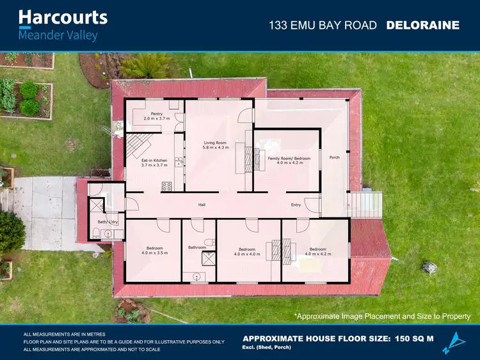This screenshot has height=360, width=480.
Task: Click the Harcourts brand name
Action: pos(63,17)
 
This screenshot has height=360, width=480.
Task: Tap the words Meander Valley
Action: pos(58,35)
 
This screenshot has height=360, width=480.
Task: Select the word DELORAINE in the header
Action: pos(423,26)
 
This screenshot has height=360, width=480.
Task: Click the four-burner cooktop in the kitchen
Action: pos(167,187)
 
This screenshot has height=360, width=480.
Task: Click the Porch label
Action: pos(334,157)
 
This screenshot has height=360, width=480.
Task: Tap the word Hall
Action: pos(201,205)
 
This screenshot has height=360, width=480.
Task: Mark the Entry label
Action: pos(296,205)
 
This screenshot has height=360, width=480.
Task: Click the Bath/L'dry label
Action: pos(108,221)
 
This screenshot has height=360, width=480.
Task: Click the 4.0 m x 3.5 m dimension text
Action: pos(154,253)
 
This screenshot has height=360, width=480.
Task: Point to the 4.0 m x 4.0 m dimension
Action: pos(247,254)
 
